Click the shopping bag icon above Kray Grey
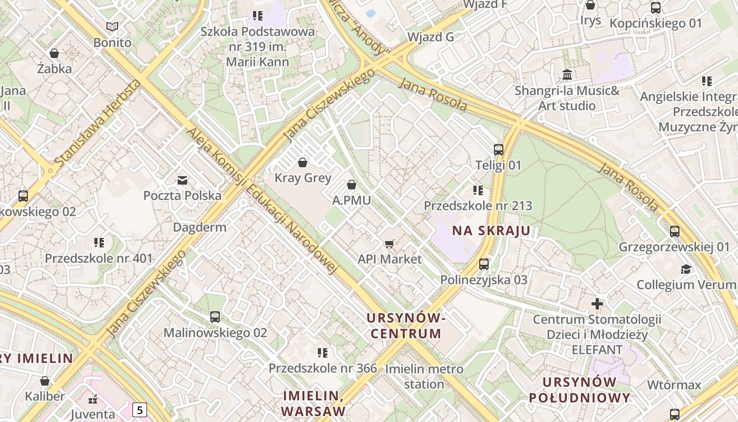click(x=303, y=162)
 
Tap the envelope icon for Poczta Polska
click(x=182, y=180)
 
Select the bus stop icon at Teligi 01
click(x=499, y=150)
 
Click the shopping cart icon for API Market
click(x=390, y=244)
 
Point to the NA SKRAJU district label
click(x=491, y=231)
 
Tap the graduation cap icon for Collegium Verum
click(x=686, y=269)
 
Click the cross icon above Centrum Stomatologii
click(x=597, y=304)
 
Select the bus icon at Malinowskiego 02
click(x=215, y=317)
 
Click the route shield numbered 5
click(x=139, y=409)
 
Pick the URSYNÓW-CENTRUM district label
click(x=406, y=325)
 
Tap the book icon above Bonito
click(x=112, y=26)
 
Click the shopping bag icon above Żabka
click(x=54, y=53)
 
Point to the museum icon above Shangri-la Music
click(x=567, y=74)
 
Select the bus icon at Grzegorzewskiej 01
click(x=675, y=231)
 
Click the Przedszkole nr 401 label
click(x=99, y=258)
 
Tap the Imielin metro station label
click(x=424, y=376)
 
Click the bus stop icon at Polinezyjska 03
click(x=484, y=264)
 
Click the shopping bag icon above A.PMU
click(x=352, y=185)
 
